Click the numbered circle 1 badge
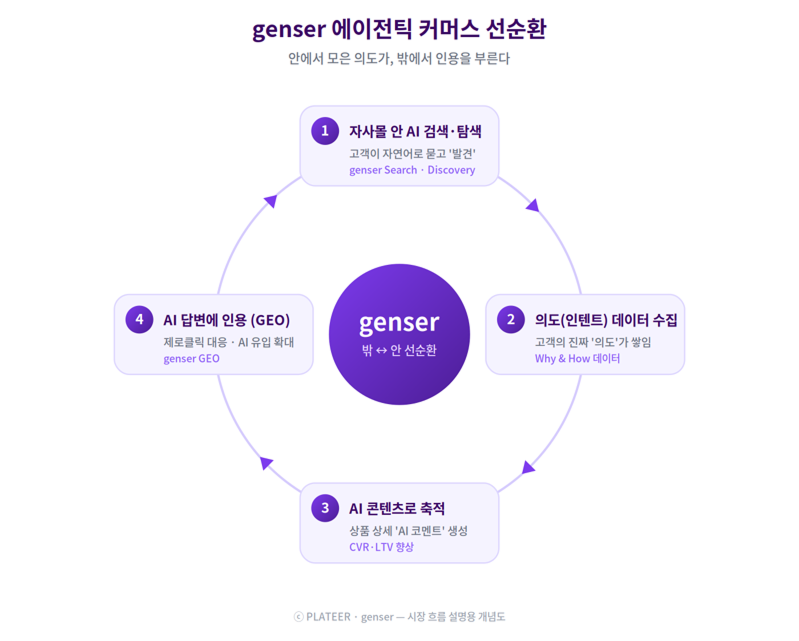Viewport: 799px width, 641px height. tap(325, 131)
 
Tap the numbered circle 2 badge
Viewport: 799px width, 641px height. tap(511, 319)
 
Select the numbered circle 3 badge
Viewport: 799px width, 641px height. tap(325, 508)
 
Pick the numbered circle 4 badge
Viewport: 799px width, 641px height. tap(139, 319)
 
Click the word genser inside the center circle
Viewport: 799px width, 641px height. tap(399, 323)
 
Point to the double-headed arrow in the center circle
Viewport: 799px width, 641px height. tap(381, 351)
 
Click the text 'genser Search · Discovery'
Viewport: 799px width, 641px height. tap(412, 170)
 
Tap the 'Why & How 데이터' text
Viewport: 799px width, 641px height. tap(577, 359)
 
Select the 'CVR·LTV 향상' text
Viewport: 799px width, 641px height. tap(381, 547)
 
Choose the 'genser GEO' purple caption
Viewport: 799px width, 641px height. tap(192, 359)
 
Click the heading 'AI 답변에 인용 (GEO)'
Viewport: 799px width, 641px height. tap(227, 320)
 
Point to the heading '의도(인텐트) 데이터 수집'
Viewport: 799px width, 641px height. tap(606, 320)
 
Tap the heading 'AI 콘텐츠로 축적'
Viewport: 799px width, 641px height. tap(397, 509)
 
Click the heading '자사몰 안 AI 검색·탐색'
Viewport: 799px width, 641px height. tap(415, 131)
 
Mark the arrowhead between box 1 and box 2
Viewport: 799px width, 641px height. tap(533, 205)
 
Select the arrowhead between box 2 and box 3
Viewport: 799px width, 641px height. tap(528, 468)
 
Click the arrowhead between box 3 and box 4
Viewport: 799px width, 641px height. tap(266, 463)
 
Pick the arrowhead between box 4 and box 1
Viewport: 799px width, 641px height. tap(271, 201)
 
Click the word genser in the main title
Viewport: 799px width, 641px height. tap(289, 30)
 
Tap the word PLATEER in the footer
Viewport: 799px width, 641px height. tap(328, 617)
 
